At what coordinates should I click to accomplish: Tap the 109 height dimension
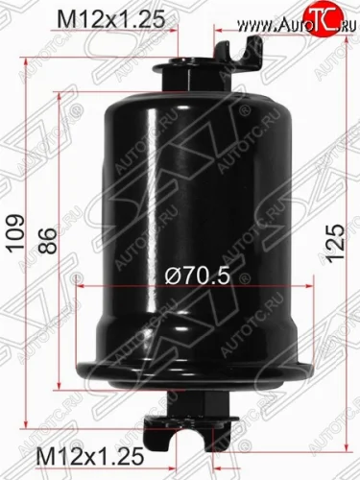16,234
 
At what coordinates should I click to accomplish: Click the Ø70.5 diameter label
198,276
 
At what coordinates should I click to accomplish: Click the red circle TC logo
323,16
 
